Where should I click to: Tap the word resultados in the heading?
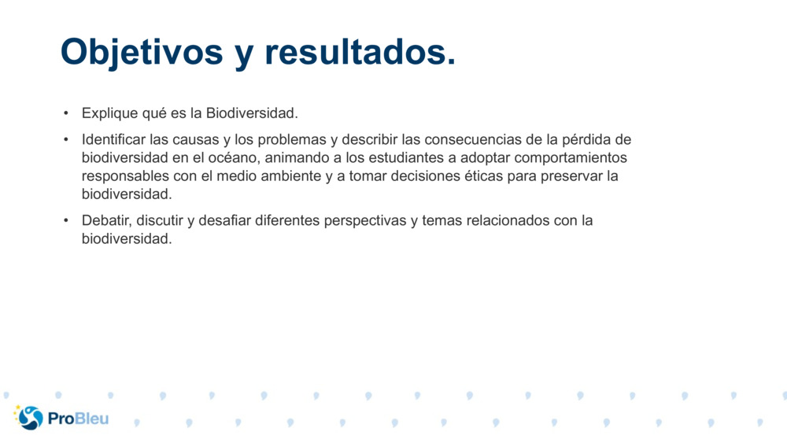pyautogui.click(x=359, y=52)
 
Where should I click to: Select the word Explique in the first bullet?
pyautogui.click(x=107, y=114)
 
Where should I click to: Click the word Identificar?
pyautogui.click(x=113, y=140)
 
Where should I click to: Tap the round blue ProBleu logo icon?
pyautogui.click(x=30, y=418)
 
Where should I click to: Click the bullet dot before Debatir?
pyautogui.click(x=67, y=220)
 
